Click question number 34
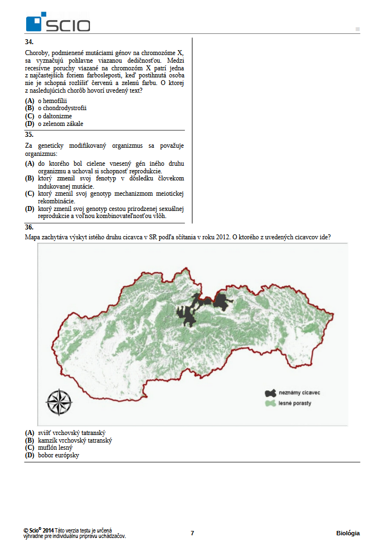(29, 42)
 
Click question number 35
(29, 135)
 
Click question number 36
(29, 227)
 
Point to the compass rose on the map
(59, 403)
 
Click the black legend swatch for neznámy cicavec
(270, 393)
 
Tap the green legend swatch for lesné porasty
(270, 404)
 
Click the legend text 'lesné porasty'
(297, 404)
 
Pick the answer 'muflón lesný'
(55, 448)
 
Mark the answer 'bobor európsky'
(58, 455)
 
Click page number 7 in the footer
(192, 533)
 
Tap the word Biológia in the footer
(348, 533)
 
